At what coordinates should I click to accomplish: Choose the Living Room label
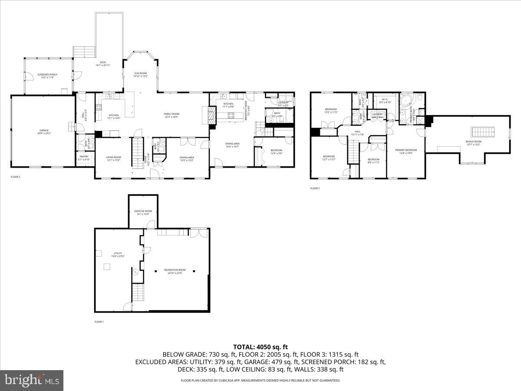(x=113, y=158)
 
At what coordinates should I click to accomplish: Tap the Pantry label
(x=84, y=158)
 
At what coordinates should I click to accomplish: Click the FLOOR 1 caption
(x=99, y=322)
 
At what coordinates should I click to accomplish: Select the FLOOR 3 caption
(x=315, y=189)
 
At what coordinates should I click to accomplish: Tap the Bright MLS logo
(x=32, y=380)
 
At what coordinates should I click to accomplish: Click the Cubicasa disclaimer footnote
(x=260, y=381)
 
